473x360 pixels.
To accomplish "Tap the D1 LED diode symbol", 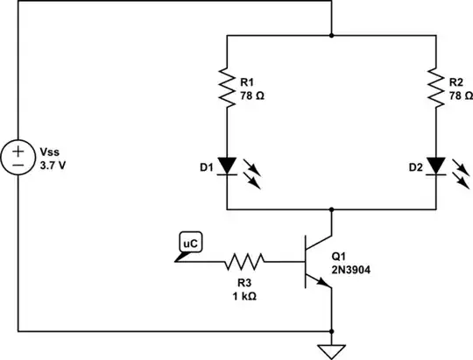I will (227, 166).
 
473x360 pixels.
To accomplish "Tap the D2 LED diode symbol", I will (436, 166).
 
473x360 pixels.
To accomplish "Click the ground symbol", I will (332, 350).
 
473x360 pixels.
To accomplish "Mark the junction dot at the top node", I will (332, 36).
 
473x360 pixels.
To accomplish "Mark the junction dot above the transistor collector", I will (332, 210).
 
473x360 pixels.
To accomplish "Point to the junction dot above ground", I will (332, 331).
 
